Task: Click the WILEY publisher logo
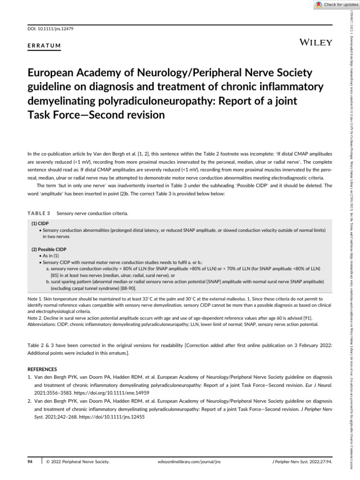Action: coord(316,43)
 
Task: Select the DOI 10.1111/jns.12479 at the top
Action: coord(48,29)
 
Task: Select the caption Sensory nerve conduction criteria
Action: coord(92,214)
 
